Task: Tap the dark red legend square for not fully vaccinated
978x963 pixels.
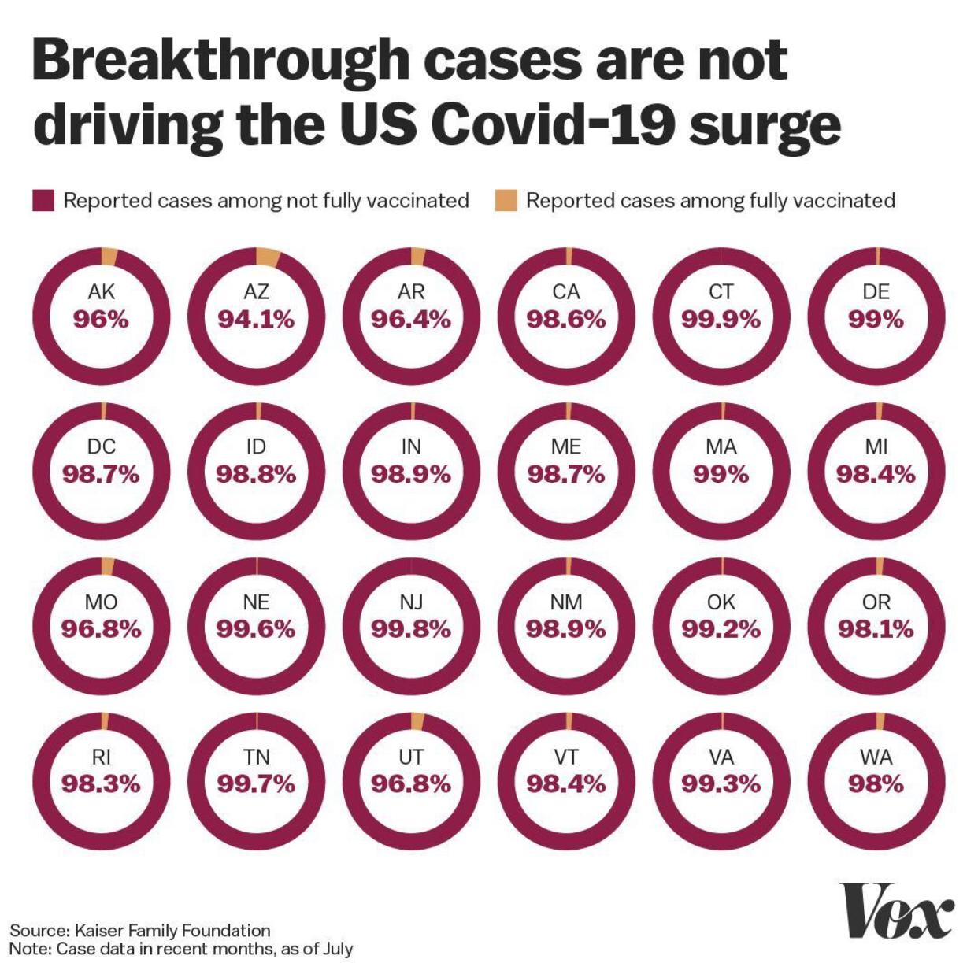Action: (43, 201)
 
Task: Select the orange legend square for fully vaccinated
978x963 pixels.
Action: (506, 201)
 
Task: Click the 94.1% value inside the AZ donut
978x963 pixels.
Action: (256, 320)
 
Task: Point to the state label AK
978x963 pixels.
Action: (101, 292)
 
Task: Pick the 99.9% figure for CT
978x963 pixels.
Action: (721, 320)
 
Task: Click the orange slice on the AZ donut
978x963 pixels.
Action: (268, 258)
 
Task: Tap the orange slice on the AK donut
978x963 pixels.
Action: (109, 257)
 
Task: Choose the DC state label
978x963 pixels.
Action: (101, 446)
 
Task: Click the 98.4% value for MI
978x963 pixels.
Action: (876, 475)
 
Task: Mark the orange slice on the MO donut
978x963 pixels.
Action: (108, 566)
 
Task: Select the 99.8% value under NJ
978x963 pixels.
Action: (411, 629)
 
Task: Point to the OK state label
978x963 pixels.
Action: (721, 602)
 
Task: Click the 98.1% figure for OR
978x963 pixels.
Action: (876, 629)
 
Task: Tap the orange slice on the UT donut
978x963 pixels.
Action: (417, 721)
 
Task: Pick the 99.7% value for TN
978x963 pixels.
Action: (256, 784)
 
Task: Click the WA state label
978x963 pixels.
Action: (876, 757)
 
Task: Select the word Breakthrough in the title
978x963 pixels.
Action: (221, 64)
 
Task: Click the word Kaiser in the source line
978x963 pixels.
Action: (98, 931)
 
